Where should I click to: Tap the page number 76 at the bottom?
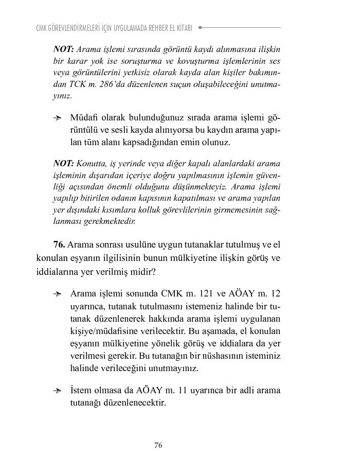158,445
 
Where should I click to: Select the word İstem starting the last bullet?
81,390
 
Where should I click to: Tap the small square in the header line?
200,27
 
